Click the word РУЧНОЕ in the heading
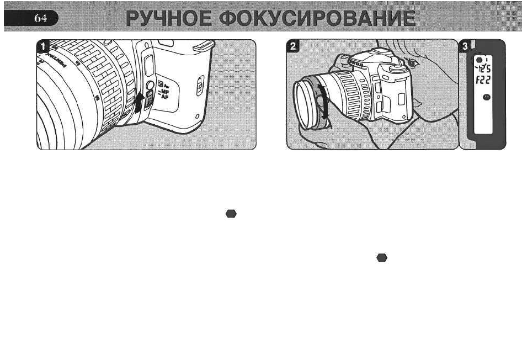click(x=168, y=19)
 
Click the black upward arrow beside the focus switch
click(x=140, y=103)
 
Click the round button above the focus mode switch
click(x=148, y=86)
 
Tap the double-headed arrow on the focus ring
click(x=326, y=100)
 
